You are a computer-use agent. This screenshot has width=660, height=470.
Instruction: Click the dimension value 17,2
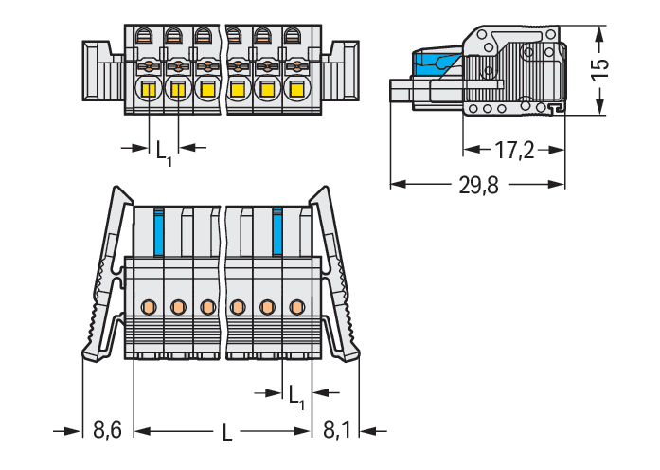click(x=514, y=150)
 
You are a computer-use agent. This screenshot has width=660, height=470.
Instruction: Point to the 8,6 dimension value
click(x=107, y=431)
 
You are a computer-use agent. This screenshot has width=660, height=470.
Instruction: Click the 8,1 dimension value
click(x=336, y=431)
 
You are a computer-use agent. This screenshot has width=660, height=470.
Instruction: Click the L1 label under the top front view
click(x=164, y=151)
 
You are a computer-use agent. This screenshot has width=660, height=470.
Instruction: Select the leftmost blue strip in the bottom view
click(x=158, y=230)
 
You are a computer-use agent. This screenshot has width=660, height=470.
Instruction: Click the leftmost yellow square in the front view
click(x=149, y=90)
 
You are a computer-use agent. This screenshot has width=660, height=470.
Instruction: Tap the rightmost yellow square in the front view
click(x=295, y=90)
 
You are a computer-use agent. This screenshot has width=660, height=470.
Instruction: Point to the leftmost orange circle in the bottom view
click(x=148, y=306)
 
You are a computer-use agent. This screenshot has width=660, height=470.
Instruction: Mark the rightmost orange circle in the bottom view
click(x=297, y=306)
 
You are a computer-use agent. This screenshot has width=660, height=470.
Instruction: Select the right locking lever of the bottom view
click(x=338, y=275)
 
